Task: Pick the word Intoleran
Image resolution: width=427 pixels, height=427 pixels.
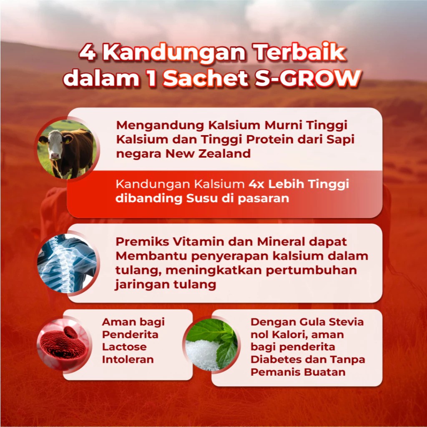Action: click(x=128, y=359)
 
